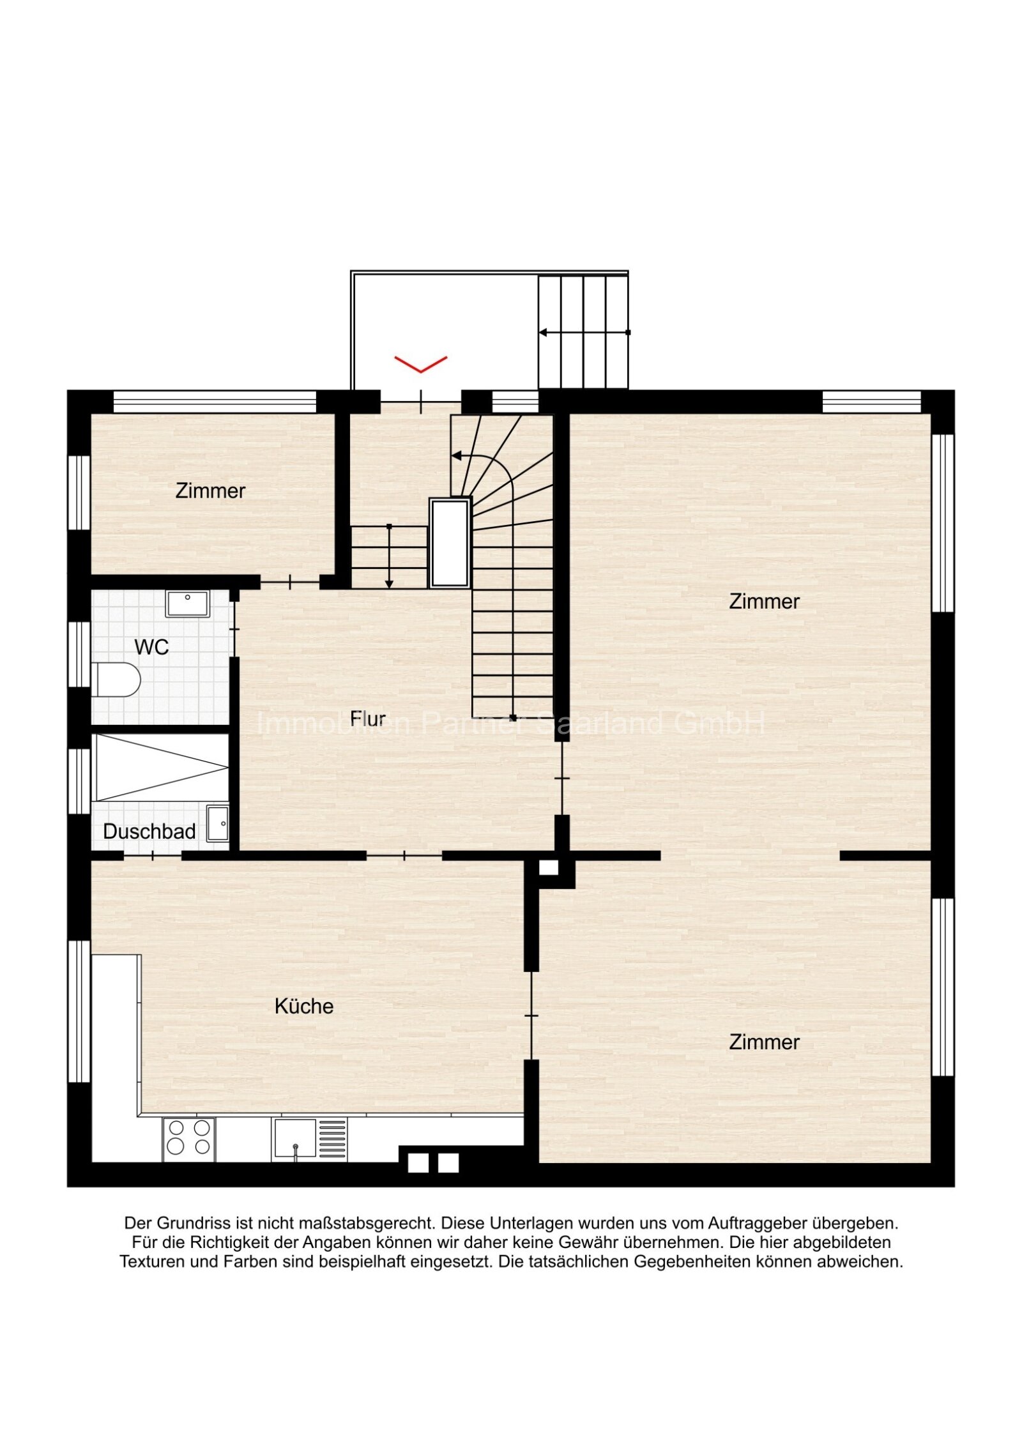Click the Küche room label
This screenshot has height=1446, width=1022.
[x=304, y=1007]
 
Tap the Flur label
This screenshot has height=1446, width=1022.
[x=368, y=719]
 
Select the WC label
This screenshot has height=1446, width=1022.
[x=152, y=647]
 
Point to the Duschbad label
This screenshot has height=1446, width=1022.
[x=149, y=832]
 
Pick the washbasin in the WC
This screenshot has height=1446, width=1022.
[x=188, y=604]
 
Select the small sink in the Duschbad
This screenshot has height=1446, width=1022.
[x=218, y=823]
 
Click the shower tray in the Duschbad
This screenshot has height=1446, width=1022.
[x=160, y=767]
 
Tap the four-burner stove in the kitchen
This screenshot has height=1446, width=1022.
[x=189, y=1139]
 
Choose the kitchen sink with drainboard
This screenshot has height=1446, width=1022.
[x=310, y=1139]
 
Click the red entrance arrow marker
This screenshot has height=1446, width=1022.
[x=420, y=364]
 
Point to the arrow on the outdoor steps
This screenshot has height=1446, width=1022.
[x=584, y=332]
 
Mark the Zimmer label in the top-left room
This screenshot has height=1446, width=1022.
[x=210, y=491]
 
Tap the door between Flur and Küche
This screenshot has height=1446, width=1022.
[x=404, y=855]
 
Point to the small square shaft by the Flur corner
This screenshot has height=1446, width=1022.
[x=549, y=867]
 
